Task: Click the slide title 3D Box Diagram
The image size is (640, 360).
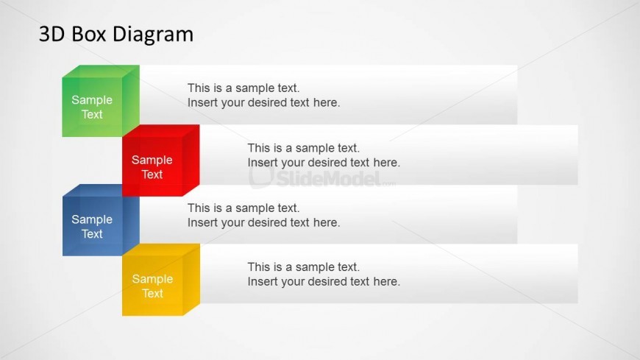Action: [116, 35]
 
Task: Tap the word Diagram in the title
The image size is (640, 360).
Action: [153, 35]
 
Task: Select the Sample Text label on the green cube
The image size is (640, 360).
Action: [92, 107]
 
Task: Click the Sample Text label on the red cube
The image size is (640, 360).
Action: [152, 167]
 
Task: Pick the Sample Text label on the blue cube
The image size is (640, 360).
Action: [92, 227]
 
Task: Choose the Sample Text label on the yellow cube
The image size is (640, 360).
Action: [152, 286]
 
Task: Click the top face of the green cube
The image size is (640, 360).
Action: [101, 71]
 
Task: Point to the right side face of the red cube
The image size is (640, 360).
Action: [191, 160]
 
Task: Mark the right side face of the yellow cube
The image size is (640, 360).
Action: [191, 280]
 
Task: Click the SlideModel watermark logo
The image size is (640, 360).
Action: [322, 177]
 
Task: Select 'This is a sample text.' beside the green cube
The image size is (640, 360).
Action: [243, 88]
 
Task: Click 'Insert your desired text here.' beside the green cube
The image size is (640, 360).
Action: [263, 102]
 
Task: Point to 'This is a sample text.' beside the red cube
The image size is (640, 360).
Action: [304, 148]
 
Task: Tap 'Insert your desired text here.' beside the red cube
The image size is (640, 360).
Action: [324, 163]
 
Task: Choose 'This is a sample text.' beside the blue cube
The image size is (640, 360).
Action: [243, 208]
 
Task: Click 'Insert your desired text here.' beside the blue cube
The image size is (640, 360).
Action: [263, 223]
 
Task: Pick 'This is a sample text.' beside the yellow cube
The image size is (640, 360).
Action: [304, 267]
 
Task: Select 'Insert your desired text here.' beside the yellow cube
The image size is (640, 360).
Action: [324, 281]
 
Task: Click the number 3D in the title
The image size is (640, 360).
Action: [51, 35]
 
